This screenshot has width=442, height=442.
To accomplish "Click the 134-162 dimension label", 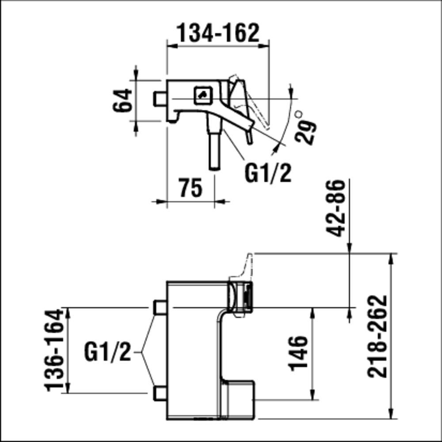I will [218, 33].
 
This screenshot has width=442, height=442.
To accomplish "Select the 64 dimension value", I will [122, 100].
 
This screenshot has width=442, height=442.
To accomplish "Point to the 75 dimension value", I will [191, 187].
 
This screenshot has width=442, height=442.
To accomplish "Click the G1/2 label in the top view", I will [268, 173].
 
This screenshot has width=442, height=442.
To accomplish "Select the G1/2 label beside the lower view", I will [108, 352].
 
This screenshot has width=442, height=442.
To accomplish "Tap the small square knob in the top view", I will [203, 94].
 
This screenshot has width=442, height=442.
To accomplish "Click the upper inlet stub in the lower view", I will [159, 307].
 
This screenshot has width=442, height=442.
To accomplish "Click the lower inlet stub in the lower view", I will [159, 393].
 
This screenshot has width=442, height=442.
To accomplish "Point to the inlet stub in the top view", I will [160, 98].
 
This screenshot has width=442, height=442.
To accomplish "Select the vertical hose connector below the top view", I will [214, 148].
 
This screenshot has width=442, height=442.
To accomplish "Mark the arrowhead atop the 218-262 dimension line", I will [390, 258].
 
